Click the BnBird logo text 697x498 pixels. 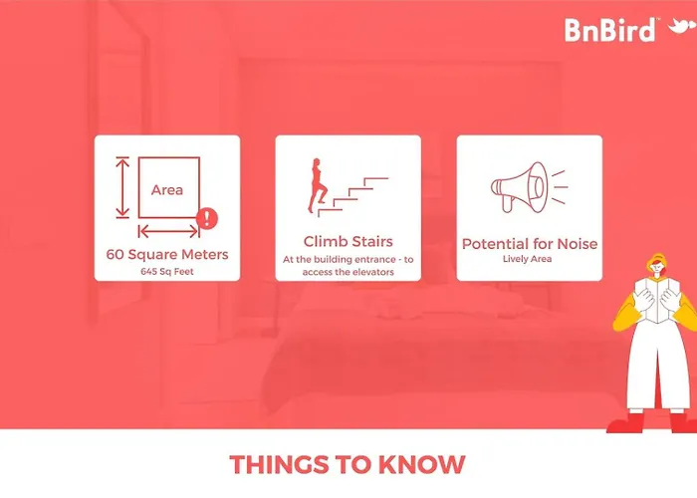pos(609,30)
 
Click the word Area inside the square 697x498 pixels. pos(166,190)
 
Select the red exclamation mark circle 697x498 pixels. pos(207,218)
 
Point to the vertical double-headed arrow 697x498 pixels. pos(122,187)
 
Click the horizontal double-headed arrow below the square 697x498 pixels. pos(168,231)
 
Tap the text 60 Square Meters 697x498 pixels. pos(167,254)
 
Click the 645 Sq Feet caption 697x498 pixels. pos(167,271)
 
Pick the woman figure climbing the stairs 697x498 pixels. pos(317,185)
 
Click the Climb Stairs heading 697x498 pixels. pos(348,241)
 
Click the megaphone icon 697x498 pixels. pos(529,187)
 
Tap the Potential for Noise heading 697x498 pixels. pos(530,244)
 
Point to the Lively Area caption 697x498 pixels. pos(527,259)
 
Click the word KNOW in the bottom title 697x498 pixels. pos(421,465)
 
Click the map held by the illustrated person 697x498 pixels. pos(657,299)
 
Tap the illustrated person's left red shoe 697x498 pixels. pos(626,423)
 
